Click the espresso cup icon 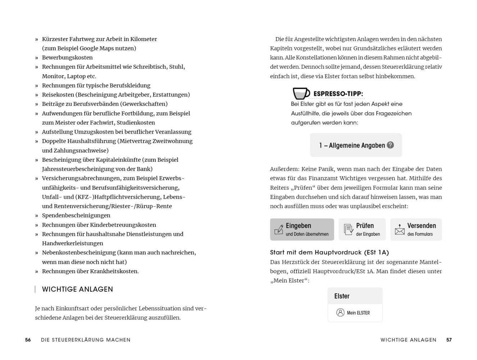(301, 93)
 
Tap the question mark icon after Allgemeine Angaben (390, 145)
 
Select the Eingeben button (302, 229)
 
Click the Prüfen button (362, 229)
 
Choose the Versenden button (416, 229)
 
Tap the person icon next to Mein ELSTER (340, 312)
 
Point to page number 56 (28, 340)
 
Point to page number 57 (449, 340)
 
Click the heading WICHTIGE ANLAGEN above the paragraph (77, 289)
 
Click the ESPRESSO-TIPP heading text (338, 94)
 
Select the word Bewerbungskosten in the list (67, 58)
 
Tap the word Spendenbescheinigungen (76, 216)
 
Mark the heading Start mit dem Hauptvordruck (329, 252)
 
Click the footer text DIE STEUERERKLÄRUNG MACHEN (86, 340)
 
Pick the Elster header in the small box (342, 296)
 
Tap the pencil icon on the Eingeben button (279, 230)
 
